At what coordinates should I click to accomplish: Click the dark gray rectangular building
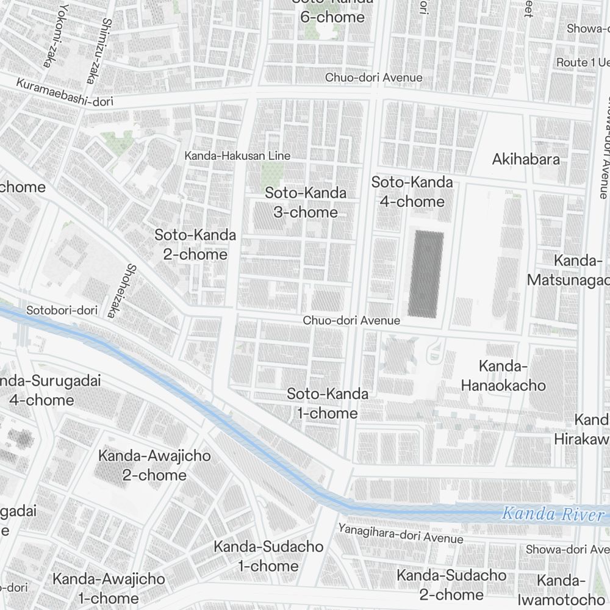pyautogui.click(x=425, y=274)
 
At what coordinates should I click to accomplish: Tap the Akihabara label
pyautogui.click(x=526, y=160)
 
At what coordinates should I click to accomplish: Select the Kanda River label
pyautogui.click(x=551, y=514)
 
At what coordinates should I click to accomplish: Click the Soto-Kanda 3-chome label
pyautogui.click(x=306, y=203)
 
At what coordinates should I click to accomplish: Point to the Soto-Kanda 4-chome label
pyautogui.click(x=412, y=192)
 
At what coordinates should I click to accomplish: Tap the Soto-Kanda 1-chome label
pyautogui.click(x=328, y=403)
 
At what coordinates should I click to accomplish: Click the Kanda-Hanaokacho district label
pyautogui.click(x=503, y=376)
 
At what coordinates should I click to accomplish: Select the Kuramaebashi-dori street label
pyautogui.click(x=65, y=92)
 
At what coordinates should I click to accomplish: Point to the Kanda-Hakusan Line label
pyautogui.click(x=237, y=156)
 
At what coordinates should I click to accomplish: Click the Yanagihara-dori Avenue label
pyautogui.click(x=401, y=533)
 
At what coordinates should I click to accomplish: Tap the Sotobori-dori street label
pyautogui.click(x=62, y=310)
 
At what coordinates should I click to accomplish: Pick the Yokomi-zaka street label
pyautogui.click(x=54, y=34)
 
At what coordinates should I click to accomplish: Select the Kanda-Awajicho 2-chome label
pyautogui.click(x=154, y=465)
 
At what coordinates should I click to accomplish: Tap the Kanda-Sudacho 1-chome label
pyautogui.click(x=268, y=556)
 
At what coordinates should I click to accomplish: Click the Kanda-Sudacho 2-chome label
pyautogui.click(x=451, y=584)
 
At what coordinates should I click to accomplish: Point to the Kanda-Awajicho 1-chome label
pyautogui.click(x=109, y=588)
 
